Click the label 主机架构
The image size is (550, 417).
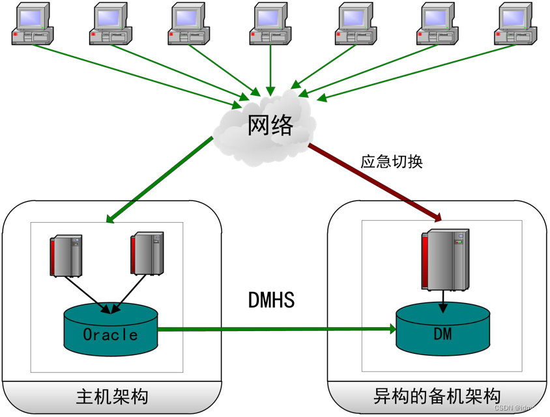(112, 396)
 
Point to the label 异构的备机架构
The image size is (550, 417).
(437, 396)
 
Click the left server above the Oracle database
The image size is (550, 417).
(66, 255)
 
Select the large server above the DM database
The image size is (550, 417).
(446, 259)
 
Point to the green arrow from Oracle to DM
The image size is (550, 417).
(274, 329)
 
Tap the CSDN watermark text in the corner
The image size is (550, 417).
(517, 408)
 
